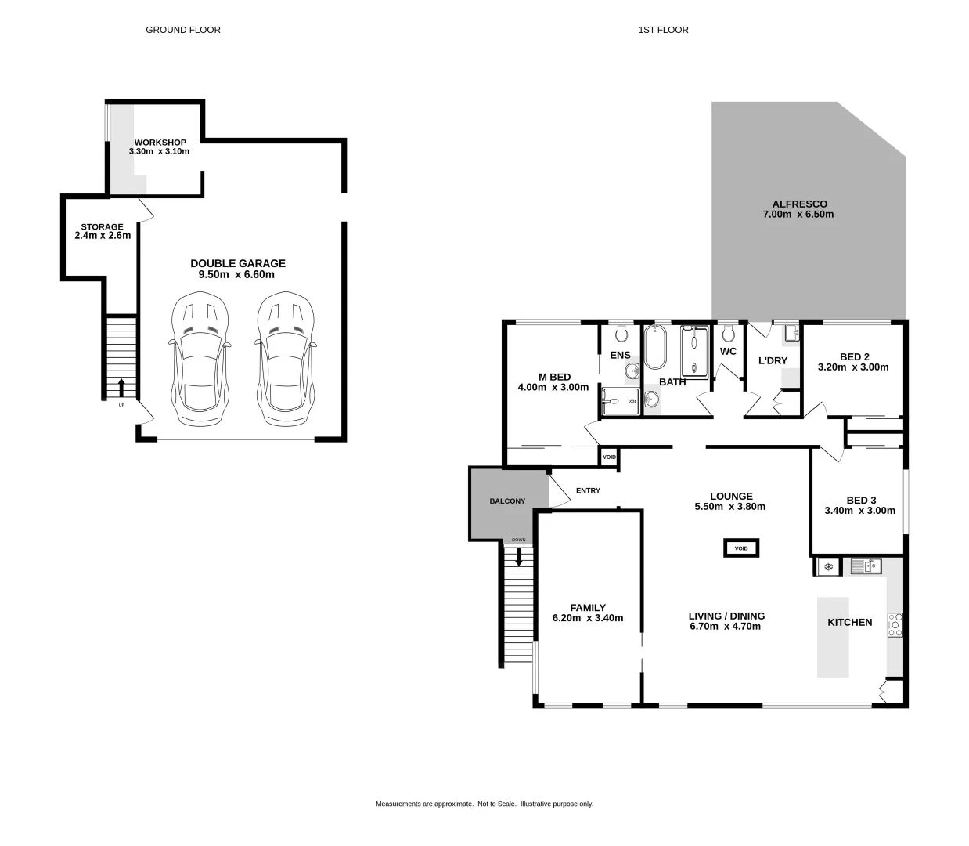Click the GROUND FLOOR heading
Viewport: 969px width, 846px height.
[x=183, y=30]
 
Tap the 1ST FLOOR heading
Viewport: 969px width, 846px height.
[x=663, y=30]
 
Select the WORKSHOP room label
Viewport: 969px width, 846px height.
[x=160, y=143]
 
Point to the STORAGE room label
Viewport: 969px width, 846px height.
[x=102, y=226]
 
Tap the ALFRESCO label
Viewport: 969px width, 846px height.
[x=799, y=204]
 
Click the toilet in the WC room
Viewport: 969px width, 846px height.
[x=729, y=334]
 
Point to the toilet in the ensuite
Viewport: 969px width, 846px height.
[x=621, y=334]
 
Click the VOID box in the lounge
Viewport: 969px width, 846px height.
[x=741, y=548]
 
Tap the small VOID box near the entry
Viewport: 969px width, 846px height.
[x=609, y=457]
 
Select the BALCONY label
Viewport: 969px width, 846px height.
[x=507, y=501]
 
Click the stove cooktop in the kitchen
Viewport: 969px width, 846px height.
[x=895, y=624]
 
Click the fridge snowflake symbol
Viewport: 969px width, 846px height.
[x=827, y=566]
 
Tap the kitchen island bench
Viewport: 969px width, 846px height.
[x=833, y=637]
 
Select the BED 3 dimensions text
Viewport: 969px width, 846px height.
[x=859, y=511]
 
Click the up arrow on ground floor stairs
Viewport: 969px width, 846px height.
[x=121, y=387]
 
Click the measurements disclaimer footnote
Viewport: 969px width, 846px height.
[x=484, y=804]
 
